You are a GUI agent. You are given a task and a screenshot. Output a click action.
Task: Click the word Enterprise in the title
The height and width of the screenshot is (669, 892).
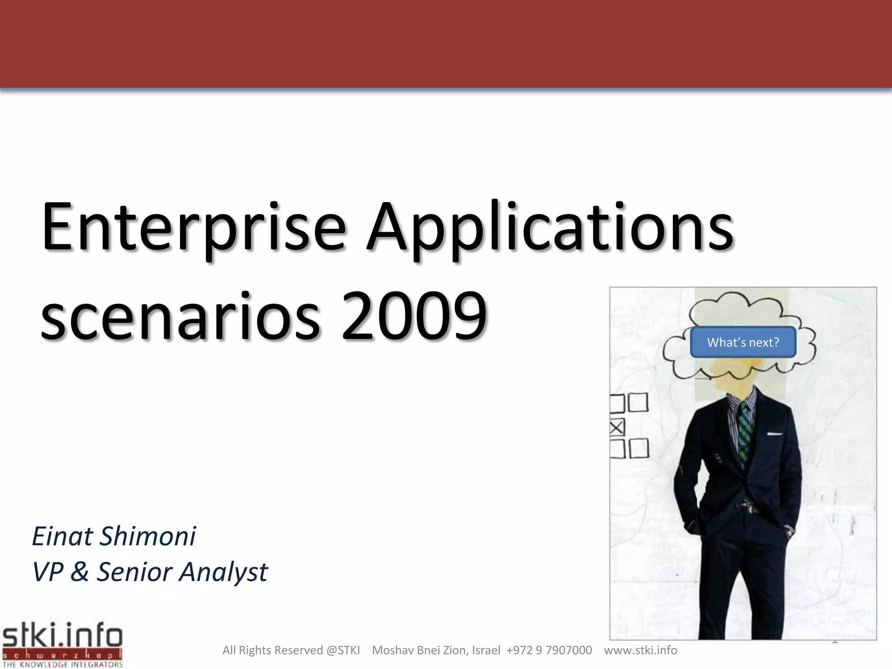coord(194,227)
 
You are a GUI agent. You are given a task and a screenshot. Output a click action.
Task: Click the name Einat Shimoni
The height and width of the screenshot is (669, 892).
coord(114,536)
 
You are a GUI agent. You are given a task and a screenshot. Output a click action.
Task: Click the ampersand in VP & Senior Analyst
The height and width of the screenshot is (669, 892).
coord(79,571)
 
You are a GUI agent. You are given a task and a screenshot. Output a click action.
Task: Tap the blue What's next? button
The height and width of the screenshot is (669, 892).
coord(743,342)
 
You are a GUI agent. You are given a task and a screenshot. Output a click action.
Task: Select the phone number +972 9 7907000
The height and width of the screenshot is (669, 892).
coord(549,650)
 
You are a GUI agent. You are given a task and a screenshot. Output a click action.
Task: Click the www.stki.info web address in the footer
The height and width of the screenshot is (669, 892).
coord(640,650)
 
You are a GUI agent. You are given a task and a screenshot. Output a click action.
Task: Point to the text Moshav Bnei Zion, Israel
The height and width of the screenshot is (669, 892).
coord(436,650)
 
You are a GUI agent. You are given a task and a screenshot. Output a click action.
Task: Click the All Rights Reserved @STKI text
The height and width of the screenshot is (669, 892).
coord(291,650)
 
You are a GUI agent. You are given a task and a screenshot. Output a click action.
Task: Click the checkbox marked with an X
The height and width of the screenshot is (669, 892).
coord(617,427)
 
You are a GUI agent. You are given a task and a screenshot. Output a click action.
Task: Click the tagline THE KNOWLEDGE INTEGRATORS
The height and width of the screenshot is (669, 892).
coord(63,665)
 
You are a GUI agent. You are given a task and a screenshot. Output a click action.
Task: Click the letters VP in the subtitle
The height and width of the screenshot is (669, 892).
coord(47,571)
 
